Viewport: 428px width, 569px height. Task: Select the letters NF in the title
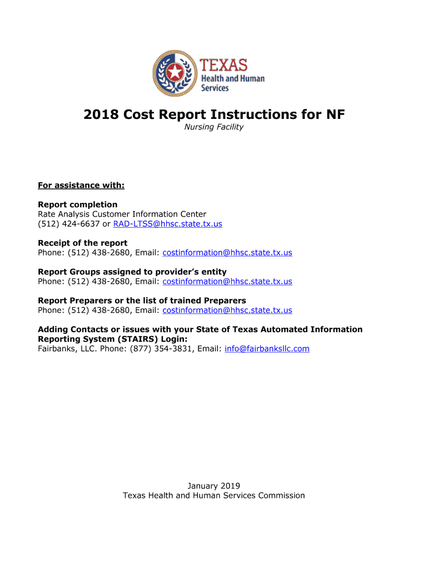pos(335,115)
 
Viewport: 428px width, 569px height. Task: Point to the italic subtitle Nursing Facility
pos(214,127)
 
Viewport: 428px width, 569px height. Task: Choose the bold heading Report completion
pos(78,204)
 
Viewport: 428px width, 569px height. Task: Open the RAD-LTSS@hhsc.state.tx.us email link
pos(167,224)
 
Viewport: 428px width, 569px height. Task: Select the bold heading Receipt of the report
pos(82,243)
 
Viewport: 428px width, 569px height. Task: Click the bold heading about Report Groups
pos(132,272)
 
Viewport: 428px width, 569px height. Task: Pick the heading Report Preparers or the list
pos(142,301)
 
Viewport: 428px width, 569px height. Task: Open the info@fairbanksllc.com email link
pos(267,349)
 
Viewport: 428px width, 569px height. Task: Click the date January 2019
pos(214,486)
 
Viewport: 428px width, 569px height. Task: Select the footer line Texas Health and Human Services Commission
pos(214,496)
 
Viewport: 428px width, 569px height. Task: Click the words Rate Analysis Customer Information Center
pos(122,214)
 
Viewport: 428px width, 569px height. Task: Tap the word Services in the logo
pos(215,88)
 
